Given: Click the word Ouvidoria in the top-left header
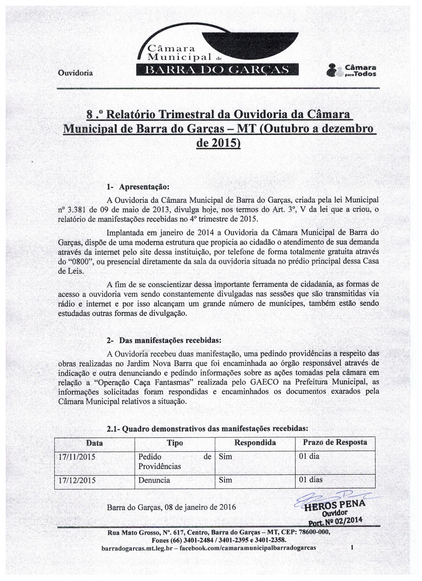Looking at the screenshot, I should click(x=75, y=73).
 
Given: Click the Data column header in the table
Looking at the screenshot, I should click(x=94, y=443).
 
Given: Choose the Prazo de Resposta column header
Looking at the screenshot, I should click(x=335, y=442).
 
